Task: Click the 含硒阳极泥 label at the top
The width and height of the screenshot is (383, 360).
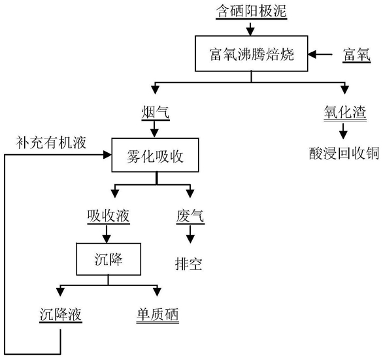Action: (252, 11)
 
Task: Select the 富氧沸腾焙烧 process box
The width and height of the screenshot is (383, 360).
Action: (252, 54)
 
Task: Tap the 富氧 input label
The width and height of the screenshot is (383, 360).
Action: (357, 55)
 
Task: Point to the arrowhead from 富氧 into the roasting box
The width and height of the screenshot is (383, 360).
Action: (312, 54)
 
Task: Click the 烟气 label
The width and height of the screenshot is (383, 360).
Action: (156, 113)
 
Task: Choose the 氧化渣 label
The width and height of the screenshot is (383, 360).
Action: (345, 113)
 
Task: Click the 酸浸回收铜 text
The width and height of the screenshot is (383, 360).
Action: (344, 154)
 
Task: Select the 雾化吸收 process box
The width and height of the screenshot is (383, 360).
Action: (155, 155)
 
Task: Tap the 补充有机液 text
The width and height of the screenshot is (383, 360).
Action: (51, 142)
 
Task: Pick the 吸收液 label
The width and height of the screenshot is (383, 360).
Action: (108, 216)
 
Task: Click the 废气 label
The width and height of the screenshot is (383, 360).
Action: (190, 216)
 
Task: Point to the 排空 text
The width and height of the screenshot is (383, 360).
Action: (189, 264)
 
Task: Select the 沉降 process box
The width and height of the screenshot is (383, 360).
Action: (108, 259)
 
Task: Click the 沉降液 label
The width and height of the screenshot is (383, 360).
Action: (61, 314)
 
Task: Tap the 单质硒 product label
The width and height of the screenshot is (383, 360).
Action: (158, 314)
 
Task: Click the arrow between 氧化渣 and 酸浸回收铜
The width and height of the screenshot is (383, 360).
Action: (343, 131)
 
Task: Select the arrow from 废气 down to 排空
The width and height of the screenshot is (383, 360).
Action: (190, 234)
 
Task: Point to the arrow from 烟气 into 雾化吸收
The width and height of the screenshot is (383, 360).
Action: (154, 129)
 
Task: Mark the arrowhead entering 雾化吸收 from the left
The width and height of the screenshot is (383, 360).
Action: (107, 155)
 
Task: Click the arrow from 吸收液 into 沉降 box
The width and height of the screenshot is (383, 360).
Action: (107, 234)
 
